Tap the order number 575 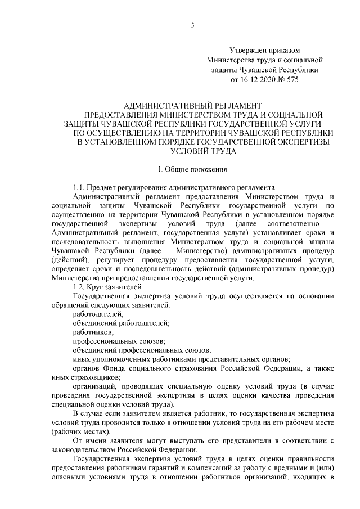(291, 79)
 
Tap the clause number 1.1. (80, 187)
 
